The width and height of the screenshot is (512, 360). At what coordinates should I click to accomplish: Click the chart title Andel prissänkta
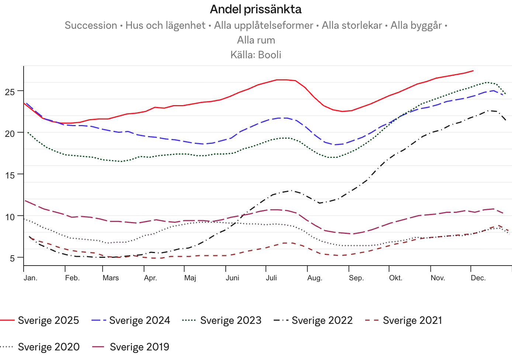(x=256, y=10)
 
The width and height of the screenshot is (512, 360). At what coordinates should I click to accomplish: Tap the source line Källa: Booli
(x=256, y=55)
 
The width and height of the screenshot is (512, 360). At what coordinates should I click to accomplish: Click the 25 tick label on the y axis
(x=10, y=91)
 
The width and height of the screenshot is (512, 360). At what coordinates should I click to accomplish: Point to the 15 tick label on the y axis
(x=10, y=175)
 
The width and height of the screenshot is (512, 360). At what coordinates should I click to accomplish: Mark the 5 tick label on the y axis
(x=13, y=258)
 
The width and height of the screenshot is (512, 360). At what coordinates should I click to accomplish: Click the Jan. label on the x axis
(x=31, y=278)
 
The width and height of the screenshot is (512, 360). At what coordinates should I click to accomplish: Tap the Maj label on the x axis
(x=190, y=278)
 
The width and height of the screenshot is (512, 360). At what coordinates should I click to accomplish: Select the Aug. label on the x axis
(x=315, y=278)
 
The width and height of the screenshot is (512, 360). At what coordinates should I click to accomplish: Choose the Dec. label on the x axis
(x=478, y=278)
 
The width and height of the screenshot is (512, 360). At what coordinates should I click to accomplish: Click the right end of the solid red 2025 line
(x=473, y=70)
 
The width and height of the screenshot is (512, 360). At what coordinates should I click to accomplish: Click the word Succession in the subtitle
(x=91, y=25)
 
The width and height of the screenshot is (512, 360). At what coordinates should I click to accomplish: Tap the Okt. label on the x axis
(x=395, y=278)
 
